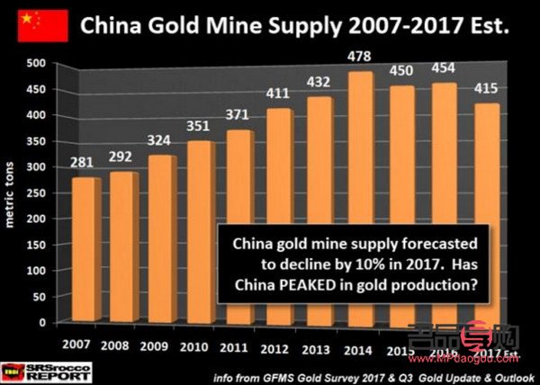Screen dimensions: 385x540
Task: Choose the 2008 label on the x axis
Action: click(x=116, y=345)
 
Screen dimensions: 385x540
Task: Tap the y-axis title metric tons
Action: click(x=13, y=192)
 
